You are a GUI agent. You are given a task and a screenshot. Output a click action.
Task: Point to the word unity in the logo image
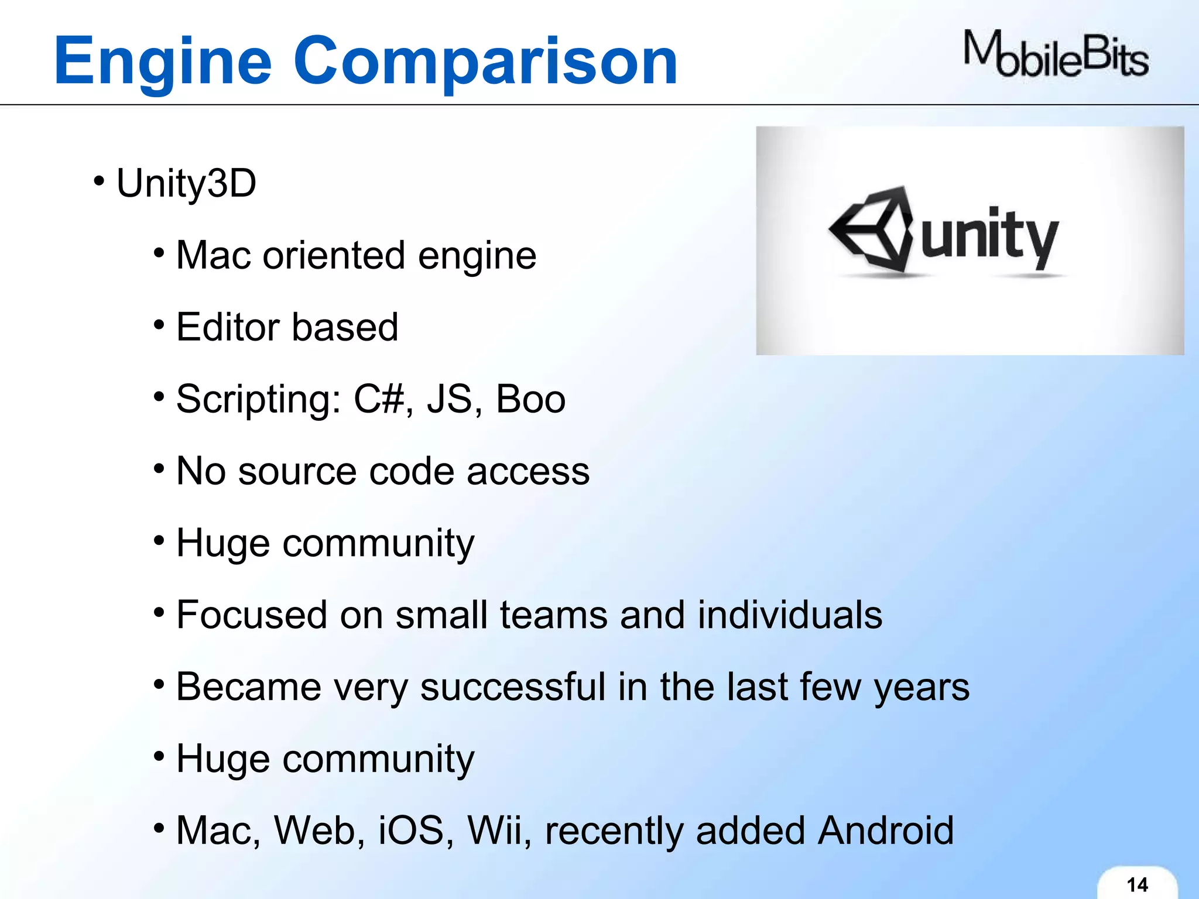click(990, 237)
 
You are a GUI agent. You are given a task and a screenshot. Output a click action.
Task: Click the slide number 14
click(1137, 884)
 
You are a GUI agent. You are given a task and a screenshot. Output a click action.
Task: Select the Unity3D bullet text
click(186, 183)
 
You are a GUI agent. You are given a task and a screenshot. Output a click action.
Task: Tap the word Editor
click(228, 327)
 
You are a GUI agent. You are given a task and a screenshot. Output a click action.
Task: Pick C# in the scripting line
click(379, 400)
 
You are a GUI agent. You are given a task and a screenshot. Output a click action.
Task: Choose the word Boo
click(530, 400)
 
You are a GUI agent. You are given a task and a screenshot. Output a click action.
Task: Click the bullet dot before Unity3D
click(99, 180)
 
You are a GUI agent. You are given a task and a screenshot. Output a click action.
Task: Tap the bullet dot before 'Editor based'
click(159, 324)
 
